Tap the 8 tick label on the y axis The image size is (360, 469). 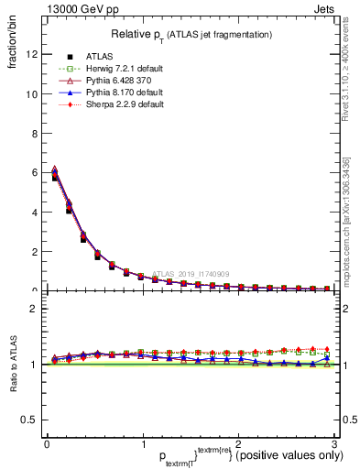(x=32, y=133)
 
